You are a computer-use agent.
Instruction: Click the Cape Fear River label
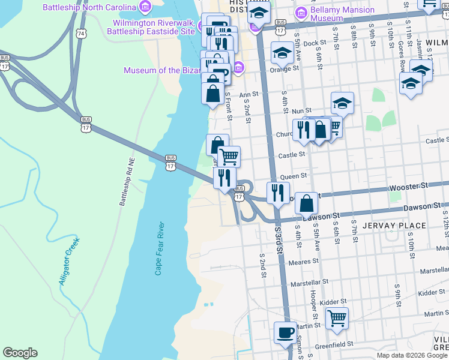[x=160, y=248]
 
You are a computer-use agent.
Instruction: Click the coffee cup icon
[x=285, y=332]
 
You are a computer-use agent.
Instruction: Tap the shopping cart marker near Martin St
[x=337, y=318]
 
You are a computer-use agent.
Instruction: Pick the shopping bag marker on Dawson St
[x=306, y=203]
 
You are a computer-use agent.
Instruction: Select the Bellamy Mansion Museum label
[x=327, y=14]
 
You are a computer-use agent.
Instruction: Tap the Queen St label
[x=294, y=176]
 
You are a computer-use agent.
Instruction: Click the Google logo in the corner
[x=20, y=353]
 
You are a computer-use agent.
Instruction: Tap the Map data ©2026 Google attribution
[x=411, y=355]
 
